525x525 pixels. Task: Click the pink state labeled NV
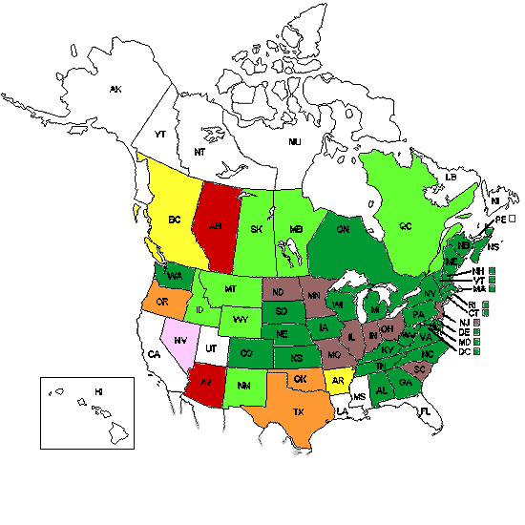[x=180, y=339]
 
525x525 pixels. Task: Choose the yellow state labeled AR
[x=337, y=379]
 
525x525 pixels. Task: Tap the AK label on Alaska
[x=115, y=90]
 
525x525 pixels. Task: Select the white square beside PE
[x=513, y=219]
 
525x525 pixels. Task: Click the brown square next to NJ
[x=475, y=322]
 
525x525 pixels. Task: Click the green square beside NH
[x=492, y=270]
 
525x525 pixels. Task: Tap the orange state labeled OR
[x=163, y=302]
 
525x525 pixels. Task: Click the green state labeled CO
[x=246, y=353]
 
